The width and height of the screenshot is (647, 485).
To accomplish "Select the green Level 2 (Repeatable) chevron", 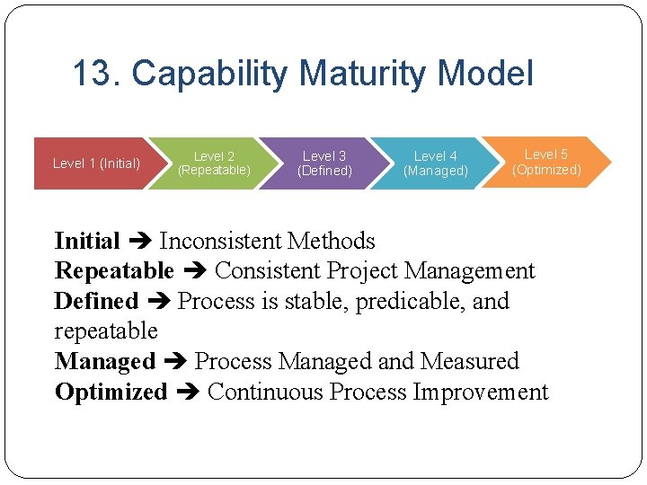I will click(x=214, y=163).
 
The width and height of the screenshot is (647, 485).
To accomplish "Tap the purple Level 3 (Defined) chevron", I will click(x=324, y=163).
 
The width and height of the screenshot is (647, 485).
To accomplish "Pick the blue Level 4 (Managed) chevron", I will click(x=436, y=163).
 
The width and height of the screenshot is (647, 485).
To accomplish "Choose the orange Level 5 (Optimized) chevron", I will click(x=546, y=162).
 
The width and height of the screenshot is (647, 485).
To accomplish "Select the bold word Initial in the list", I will click(x=87, y=241).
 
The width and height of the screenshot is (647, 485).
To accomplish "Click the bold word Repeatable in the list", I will click(x=114, y=270).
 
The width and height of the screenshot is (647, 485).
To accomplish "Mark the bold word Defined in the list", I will click(x=96, y=301).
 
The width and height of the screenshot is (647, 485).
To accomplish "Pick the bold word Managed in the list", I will click(x=105, y=362).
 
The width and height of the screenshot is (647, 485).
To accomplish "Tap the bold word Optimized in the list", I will click(x=111, y=392).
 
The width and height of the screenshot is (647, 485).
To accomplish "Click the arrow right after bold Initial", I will click(x=139, y=242).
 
